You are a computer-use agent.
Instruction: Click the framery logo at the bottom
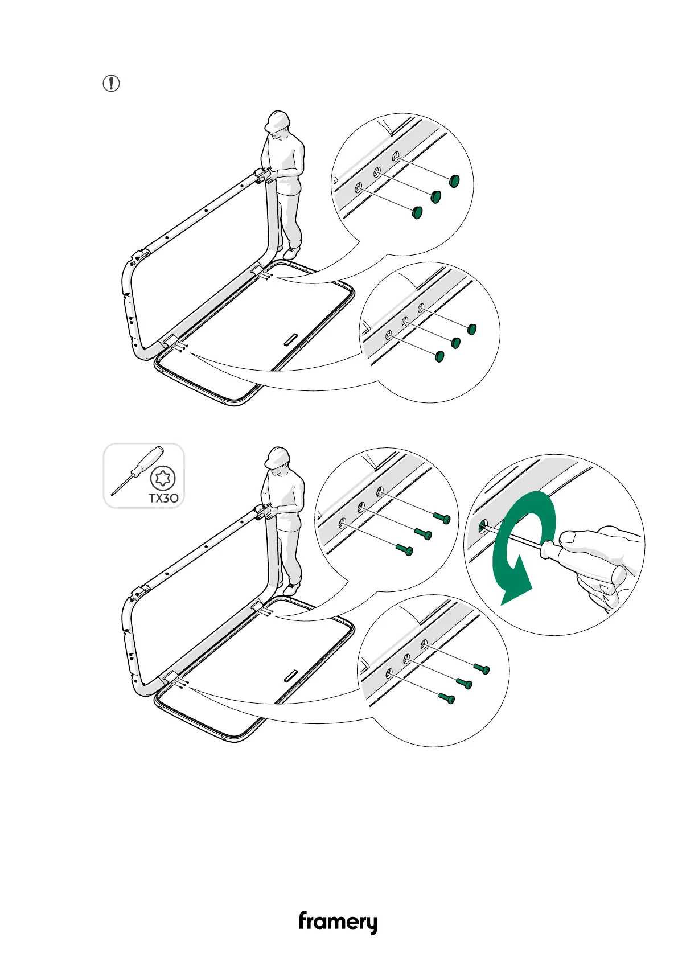click(338, 923)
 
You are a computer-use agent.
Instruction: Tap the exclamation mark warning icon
click(111, 84)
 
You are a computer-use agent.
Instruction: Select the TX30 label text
click(163, 498)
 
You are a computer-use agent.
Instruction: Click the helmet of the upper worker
click(277, 121)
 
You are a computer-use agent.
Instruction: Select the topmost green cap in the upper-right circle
click(454, 182)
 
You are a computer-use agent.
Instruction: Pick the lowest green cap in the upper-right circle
click(417, 213)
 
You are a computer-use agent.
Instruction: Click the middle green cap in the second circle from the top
click(455, 343)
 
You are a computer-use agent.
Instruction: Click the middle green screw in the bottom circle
click(465, 684)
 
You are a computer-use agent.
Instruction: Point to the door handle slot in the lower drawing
click(291, 676)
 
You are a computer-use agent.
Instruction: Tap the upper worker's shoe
click(291, 252)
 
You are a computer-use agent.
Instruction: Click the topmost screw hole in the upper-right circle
click(396, 156)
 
